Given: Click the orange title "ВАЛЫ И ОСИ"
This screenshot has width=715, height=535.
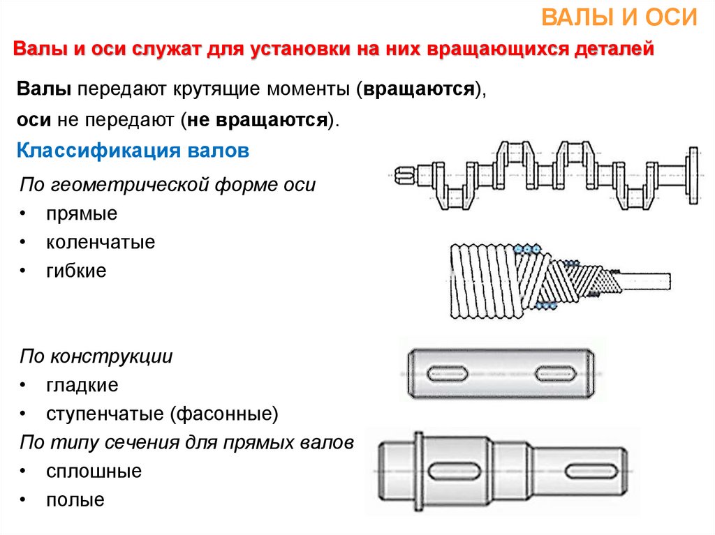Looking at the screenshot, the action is (619, 17).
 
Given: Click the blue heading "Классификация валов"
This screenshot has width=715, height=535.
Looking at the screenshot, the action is (133, 151).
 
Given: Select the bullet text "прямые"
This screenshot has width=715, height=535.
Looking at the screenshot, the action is (82, 213).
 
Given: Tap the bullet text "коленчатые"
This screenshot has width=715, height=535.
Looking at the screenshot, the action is (101, 242).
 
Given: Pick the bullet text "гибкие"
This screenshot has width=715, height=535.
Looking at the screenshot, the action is (76, 271).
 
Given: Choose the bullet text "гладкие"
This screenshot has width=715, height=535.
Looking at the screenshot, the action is (82, 385).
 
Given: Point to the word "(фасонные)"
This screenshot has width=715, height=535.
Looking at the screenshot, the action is (224, 414).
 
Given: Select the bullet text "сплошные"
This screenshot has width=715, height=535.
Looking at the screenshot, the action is (94, 472).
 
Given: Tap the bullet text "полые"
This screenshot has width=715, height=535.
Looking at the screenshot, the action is (75, 500).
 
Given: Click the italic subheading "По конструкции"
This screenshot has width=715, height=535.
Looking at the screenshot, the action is (96, 356).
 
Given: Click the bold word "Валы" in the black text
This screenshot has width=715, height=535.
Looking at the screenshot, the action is (44, 89).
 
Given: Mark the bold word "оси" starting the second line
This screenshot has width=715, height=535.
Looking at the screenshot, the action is (34, 120).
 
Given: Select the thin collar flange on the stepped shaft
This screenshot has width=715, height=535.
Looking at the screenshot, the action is (418, 471).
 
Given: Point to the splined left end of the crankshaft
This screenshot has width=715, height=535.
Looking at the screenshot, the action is (405, 176).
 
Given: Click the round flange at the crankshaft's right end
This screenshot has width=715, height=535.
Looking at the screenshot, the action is (693, 176).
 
